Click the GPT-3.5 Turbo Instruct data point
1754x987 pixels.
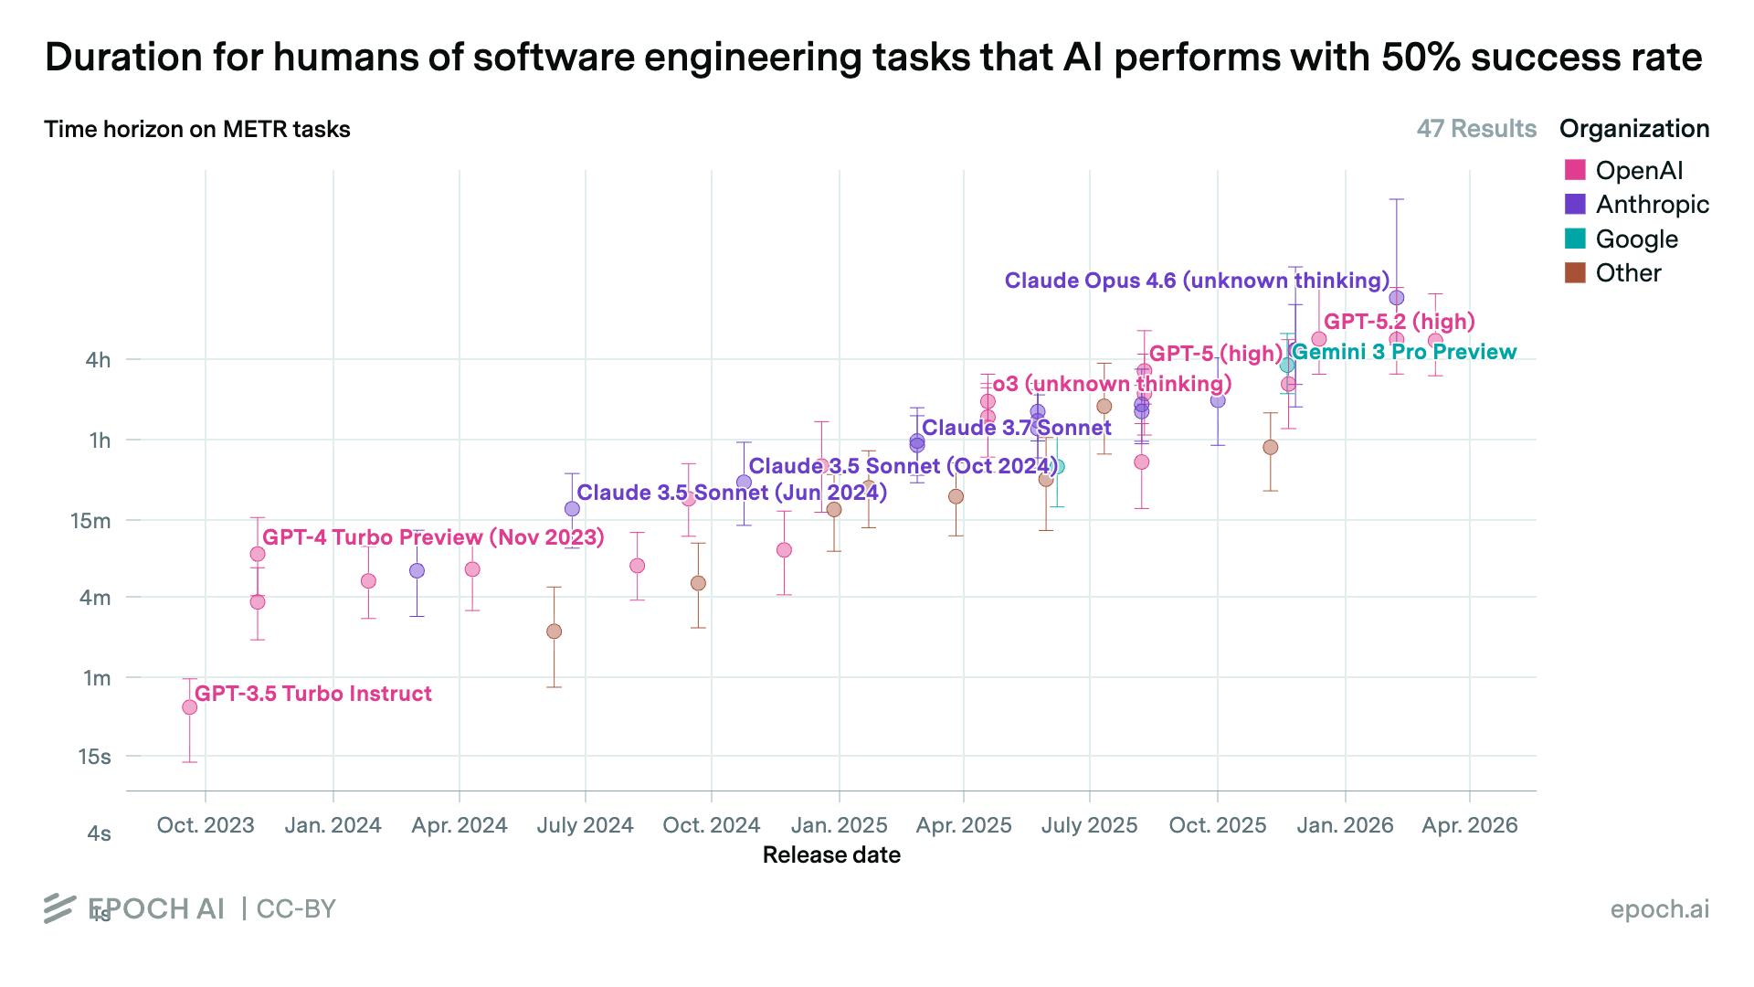point(189,706)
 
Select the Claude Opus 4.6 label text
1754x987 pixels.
point(1196,281)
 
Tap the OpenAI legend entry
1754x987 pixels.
point(1638,171)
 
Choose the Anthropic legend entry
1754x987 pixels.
point(1651,205)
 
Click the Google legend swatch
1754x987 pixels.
point(1575,239)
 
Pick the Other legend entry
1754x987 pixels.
point(1627,273)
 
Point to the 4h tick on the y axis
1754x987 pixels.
point(99,360)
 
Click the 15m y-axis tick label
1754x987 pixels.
point(91,521)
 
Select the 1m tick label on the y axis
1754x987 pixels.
point(97,678)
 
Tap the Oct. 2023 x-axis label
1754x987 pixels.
point(206,825)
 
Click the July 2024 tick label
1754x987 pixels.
point(585,825)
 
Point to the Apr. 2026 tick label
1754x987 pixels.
point(1469,825)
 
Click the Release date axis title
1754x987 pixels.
point(831,855)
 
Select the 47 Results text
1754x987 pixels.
point(1476,129)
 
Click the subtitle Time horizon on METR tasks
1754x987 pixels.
point(197,130)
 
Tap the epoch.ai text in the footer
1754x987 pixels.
point(1659,909)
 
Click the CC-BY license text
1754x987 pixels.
point(296,909)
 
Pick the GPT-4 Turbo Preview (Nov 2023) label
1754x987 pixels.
point(433,537)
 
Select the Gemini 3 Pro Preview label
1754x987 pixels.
point(1404,353)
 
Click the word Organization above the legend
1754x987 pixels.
point(1634,129)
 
